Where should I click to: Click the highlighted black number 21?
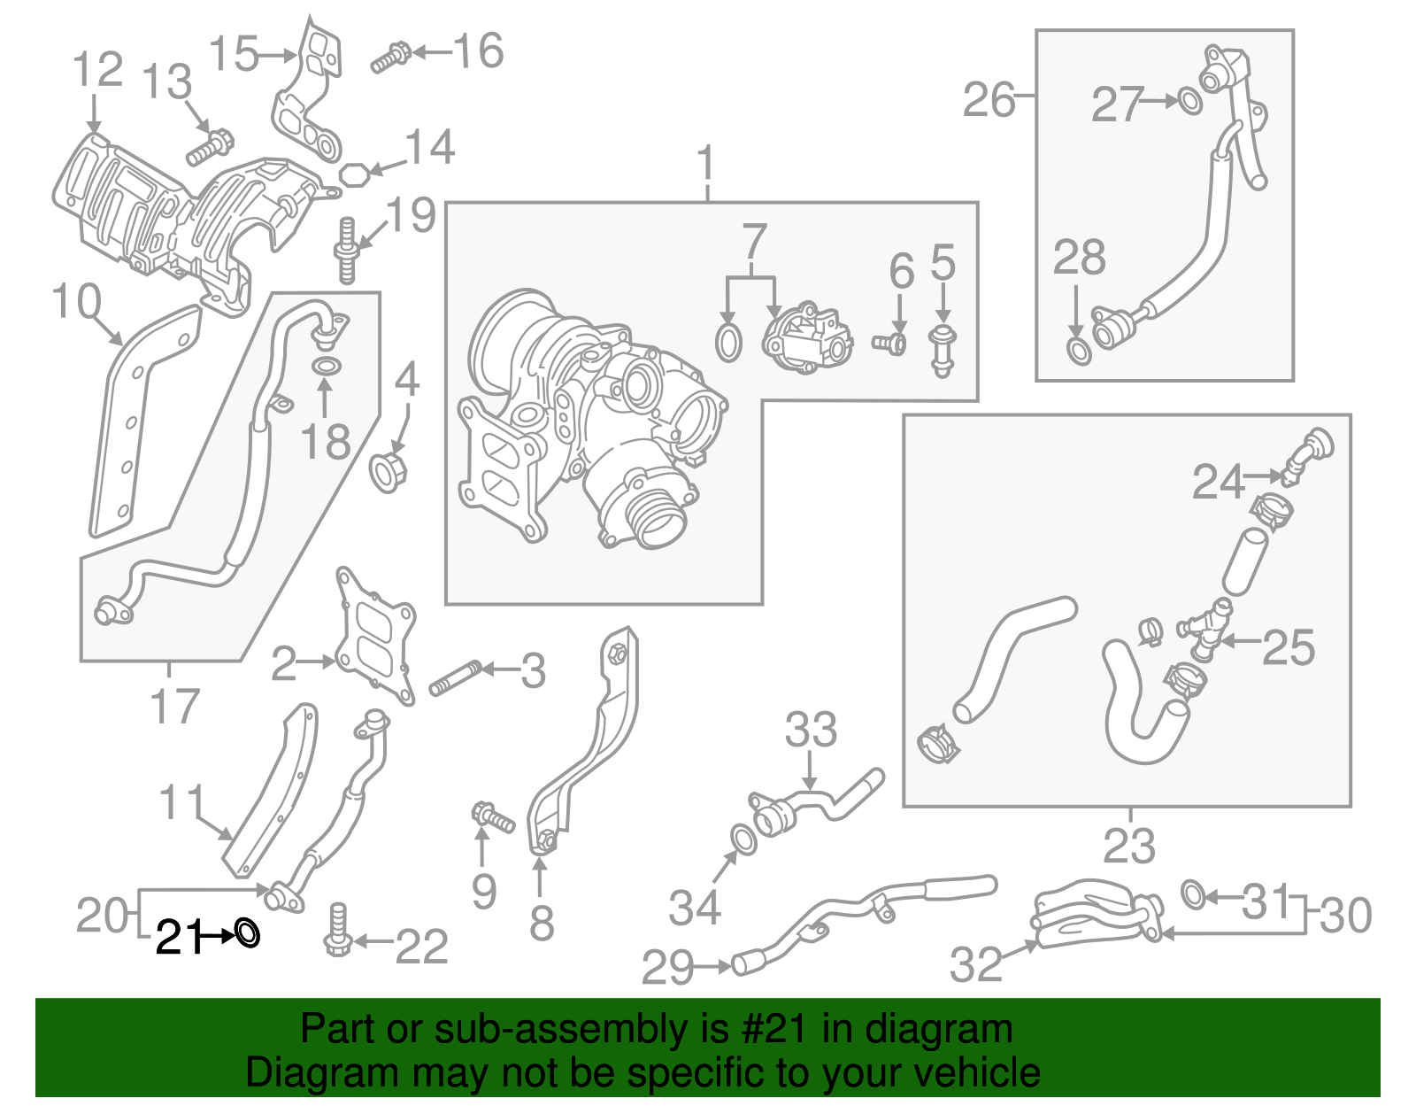(x=180, y=937)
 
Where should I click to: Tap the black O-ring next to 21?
(x=247, y=932)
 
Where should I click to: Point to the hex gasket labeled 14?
(x=354, y=174)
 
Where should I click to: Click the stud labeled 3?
(x=454, y=678)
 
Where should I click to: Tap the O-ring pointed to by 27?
(x=1190, y=101)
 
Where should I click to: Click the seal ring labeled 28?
(x=1078, y=351)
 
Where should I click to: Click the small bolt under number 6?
(x=889, y=343)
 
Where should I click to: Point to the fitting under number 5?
(x=943, y=351)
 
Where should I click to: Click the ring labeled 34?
(x=743, y=839)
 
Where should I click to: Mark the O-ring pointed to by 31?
(x=1193, y=894)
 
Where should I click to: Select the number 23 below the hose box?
(x=1129, y=847)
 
